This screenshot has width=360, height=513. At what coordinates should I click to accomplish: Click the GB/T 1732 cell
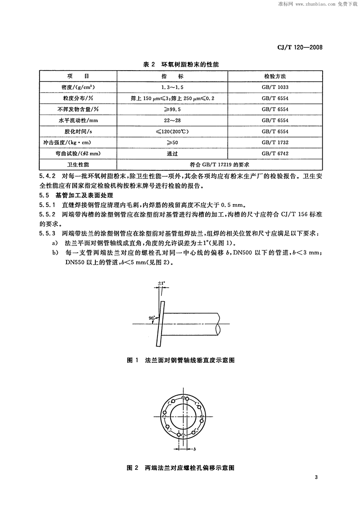point(277,142)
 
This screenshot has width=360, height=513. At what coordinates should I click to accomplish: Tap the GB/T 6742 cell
point(277,153)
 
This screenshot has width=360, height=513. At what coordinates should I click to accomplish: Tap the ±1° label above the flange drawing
point(161,284)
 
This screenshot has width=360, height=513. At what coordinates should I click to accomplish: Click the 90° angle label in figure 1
point(152,318)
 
